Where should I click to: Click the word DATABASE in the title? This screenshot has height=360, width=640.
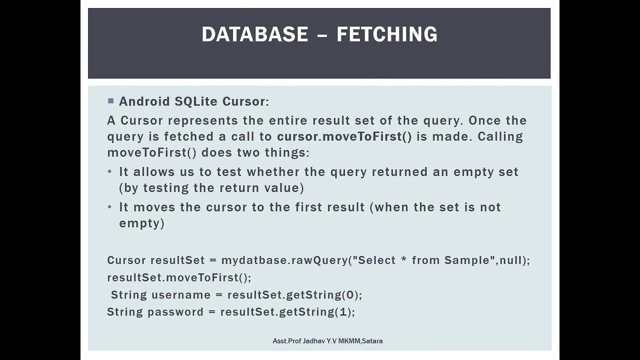255,34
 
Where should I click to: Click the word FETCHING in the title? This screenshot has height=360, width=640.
387,34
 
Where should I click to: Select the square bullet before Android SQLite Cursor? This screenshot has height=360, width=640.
110,101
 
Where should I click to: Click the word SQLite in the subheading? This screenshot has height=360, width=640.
195,101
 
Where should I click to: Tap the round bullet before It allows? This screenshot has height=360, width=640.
110,172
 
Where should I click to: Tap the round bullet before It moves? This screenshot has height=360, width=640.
110,207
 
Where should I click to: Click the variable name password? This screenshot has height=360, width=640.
175,312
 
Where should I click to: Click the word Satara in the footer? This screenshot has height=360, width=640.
372,341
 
